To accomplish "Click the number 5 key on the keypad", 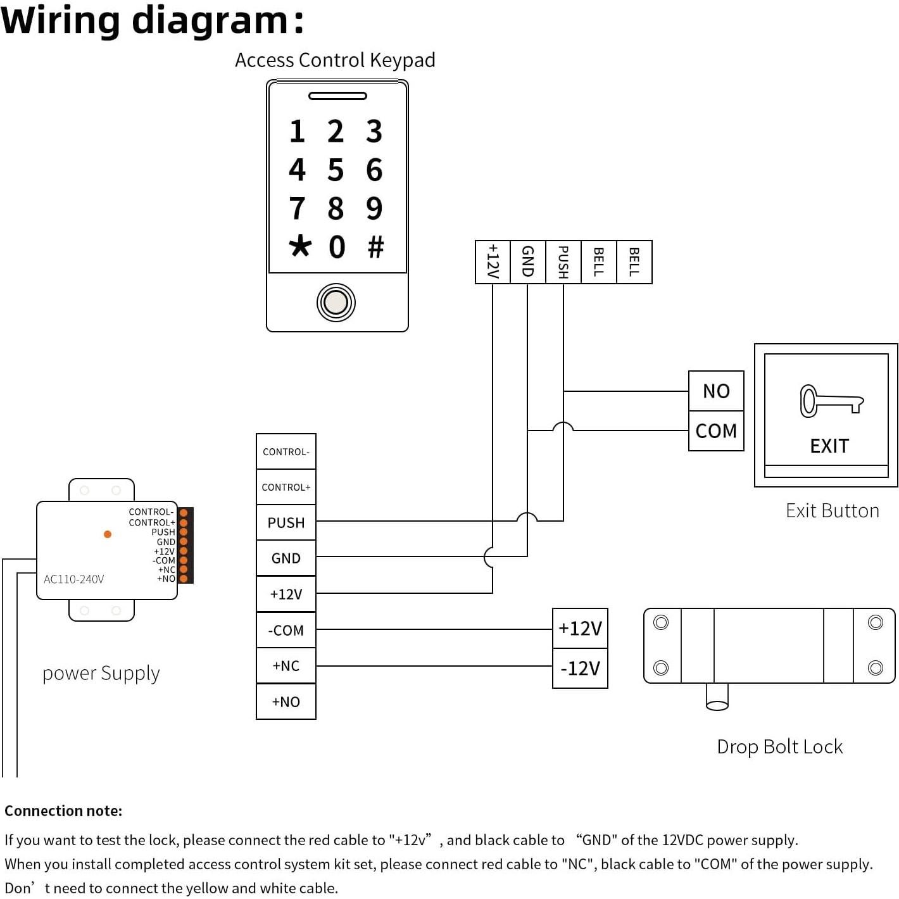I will tap(336, 170).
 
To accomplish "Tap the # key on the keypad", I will tap(375, 246).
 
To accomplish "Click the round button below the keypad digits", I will tap(336, 303).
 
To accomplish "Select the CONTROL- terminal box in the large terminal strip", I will tap(286, 451).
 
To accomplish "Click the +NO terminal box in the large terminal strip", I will tap(286, 701).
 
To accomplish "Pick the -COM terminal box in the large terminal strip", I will tap(286, 630).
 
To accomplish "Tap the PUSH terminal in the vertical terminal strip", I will tap(286, 522).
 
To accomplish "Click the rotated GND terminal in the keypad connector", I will tap(527, 261).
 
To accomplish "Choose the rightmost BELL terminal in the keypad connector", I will tap(634, 261).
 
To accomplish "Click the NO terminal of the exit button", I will tap(716, 391).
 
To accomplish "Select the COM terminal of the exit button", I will tap(716, 431).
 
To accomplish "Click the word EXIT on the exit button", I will tap(829, 446).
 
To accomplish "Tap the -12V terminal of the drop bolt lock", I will tap(580, 668).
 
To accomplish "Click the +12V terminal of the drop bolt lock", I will tap(580, 628).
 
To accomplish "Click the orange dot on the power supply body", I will tap(108, 534).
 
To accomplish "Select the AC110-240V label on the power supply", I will tap(74, 579).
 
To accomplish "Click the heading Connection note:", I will tap(63, 811).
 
